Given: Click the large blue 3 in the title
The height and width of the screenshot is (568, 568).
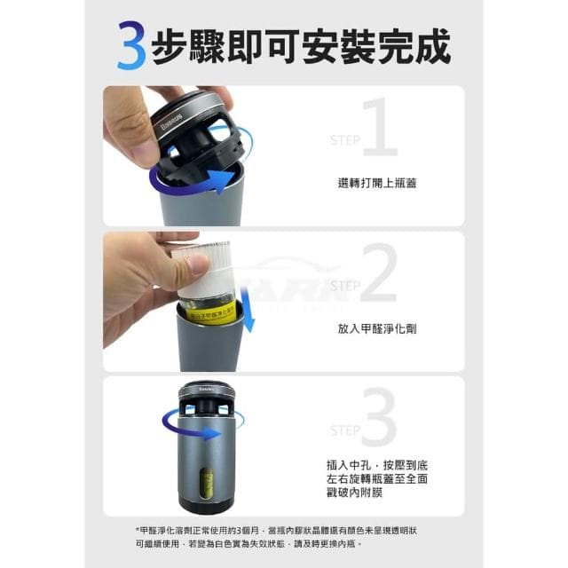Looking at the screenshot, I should (132, 47).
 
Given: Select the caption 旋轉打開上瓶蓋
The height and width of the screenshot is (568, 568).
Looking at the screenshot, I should (377, 183).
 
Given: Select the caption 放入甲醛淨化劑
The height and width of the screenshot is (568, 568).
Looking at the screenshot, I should (377, 327).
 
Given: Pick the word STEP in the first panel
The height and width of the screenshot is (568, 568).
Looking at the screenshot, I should (345, 140).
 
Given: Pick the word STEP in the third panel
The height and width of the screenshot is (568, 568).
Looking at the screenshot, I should (345, 430).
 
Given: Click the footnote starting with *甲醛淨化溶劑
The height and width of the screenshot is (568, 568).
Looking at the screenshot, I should (283, 536).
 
